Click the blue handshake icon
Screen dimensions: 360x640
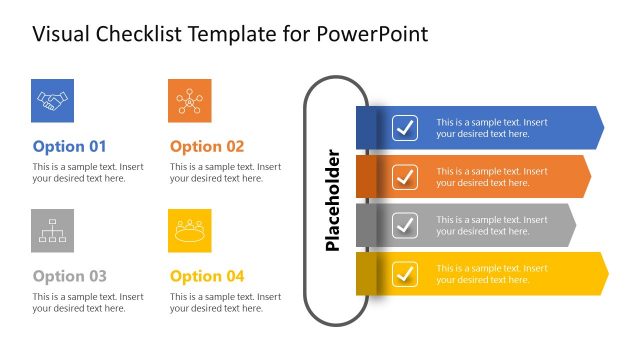click(x=52, y=100)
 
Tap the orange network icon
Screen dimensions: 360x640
click(x=189, y=100)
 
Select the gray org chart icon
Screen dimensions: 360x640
click(x=52, y=231)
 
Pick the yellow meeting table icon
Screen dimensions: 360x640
click(x=189, y=231)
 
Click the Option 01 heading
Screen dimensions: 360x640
click(x=69, y=146)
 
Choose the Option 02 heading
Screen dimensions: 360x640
click(x=207, y=146)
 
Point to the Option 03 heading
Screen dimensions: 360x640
click(x=69, y=276)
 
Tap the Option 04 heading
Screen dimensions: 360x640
click(x=207, y=276)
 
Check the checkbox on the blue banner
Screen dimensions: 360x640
click(x=405, y=128)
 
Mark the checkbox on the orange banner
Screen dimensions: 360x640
click(x=405, y=177)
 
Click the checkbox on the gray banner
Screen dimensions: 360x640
click(x=405, y=225)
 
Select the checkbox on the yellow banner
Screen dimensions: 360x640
click(x=405, y=273)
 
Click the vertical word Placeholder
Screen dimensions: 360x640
click(x=334, y=200)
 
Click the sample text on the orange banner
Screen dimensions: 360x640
click(x=491, y=177)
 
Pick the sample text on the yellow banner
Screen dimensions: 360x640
click(x=491, y=274)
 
